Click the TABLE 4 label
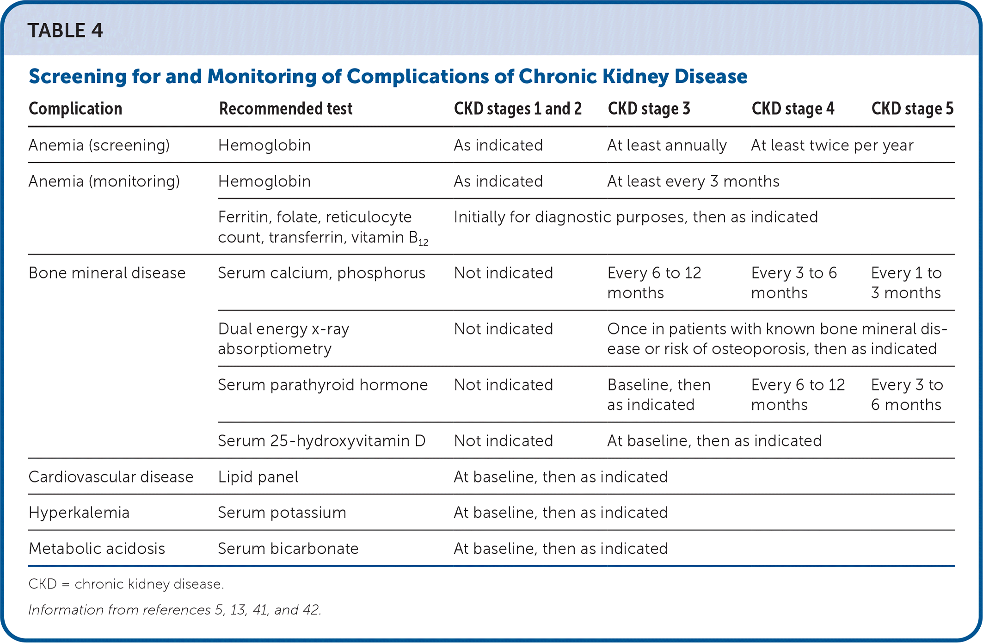click(65, 31)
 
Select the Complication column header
click(75, 109)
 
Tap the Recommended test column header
click(286, 109)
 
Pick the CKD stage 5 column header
click(912, 109)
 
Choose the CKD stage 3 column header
click(649, 109)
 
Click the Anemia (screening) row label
click(99, 145)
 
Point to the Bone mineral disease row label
click(107, 273)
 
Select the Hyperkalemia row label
click(79, 513)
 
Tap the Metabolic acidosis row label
click(97, 549)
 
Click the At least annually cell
click(667, 145)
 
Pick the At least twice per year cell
click(832, 145)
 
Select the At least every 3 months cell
click(693, 181)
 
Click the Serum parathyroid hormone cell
click(323, 385)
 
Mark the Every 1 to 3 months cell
click(906, 283)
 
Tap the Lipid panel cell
click(258, 477)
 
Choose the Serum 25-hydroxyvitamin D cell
click(321, 441)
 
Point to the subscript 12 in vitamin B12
click(424, 242)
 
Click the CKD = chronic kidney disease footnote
click(126, 584)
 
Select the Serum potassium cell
click(282, 513)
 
